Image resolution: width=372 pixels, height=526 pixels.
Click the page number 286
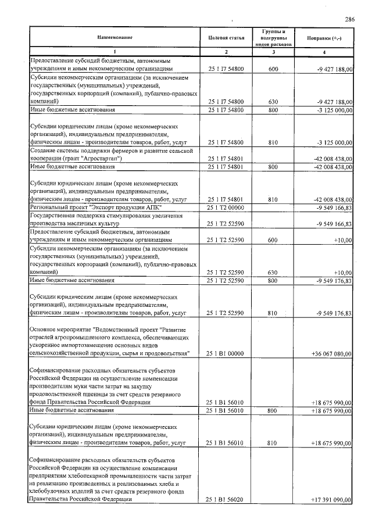pyautogui.click(x=349, y=19)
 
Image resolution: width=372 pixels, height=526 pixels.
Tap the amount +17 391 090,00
pyautogui.click(x=331, y=499)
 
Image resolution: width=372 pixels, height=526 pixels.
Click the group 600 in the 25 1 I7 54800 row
pyautogui.click(x=273, y=69)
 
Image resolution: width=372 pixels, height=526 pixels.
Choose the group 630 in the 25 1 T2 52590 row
pyautogui.click(x=273, y=272)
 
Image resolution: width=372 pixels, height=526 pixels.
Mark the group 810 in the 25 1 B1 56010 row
pyautogui.click(x=273, y=442)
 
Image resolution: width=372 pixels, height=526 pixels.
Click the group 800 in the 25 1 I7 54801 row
pyautogui.click(x=273, y=167)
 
